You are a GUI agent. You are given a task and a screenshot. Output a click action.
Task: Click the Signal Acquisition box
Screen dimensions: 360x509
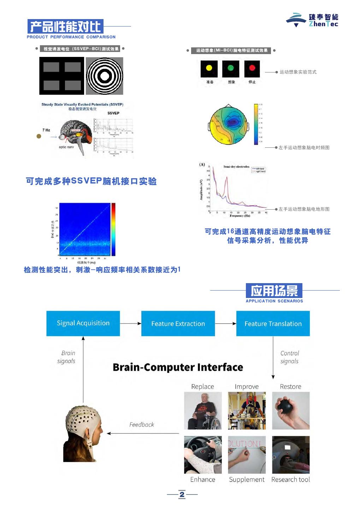coord(83,323)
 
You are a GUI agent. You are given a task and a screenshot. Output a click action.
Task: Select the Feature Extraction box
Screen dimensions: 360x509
coord(178,323)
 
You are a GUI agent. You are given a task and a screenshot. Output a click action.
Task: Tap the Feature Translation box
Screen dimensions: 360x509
coord(273,323)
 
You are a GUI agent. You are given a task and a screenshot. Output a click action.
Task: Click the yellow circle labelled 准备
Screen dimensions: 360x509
coord(209,68)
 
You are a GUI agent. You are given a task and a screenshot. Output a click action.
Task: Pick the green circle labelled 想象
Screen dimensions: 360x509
coord(231,68)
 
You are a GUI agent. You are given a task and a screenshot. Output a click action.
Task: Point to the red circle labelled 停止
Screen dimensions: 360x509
coord(252,68)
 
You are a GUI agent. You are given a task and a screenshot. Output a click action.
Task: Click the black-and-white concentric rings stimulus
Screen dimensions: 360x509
coord(105,76)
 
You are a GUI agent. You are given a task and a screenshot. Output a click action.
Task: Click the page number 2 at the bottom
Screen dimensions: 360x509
coord(182,495)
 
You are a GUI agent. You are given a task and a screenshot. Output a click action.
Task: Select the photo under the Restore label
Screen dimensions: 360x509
coord(291,410)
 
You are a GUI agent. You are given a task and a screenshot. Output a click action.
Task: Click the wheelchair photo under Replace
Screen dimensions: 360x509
coord(203,410)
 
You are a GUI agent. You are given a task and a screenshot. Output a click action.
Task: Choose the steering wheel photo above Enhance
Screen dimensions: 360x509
coord(203,455)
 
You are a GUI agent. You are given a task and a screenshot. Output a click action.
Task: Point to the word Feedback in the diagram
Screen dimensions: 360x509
coord(142,425)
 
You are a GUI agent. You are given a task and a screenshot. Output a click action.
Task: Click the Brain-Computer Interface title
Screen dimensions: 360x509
coord(178,367)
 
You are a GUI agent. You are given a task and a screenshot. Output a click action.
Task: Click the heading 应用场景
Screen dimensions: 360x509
coord(274,291)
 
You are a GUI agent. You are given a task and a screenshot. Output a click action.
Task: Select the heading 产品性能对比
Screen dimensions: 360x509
coord(66,27)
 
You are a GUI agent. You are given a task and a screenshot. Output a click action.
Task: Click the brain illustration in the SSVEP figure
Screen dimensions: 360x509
coord(76,134)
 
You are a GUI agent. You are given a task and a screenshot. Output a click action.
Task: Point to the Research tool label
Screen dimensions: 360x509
coord(290,480)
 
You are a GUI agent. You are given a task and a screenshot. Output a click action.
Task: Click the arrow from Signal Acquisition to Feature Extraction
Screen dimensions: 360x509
coord(130,323)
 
